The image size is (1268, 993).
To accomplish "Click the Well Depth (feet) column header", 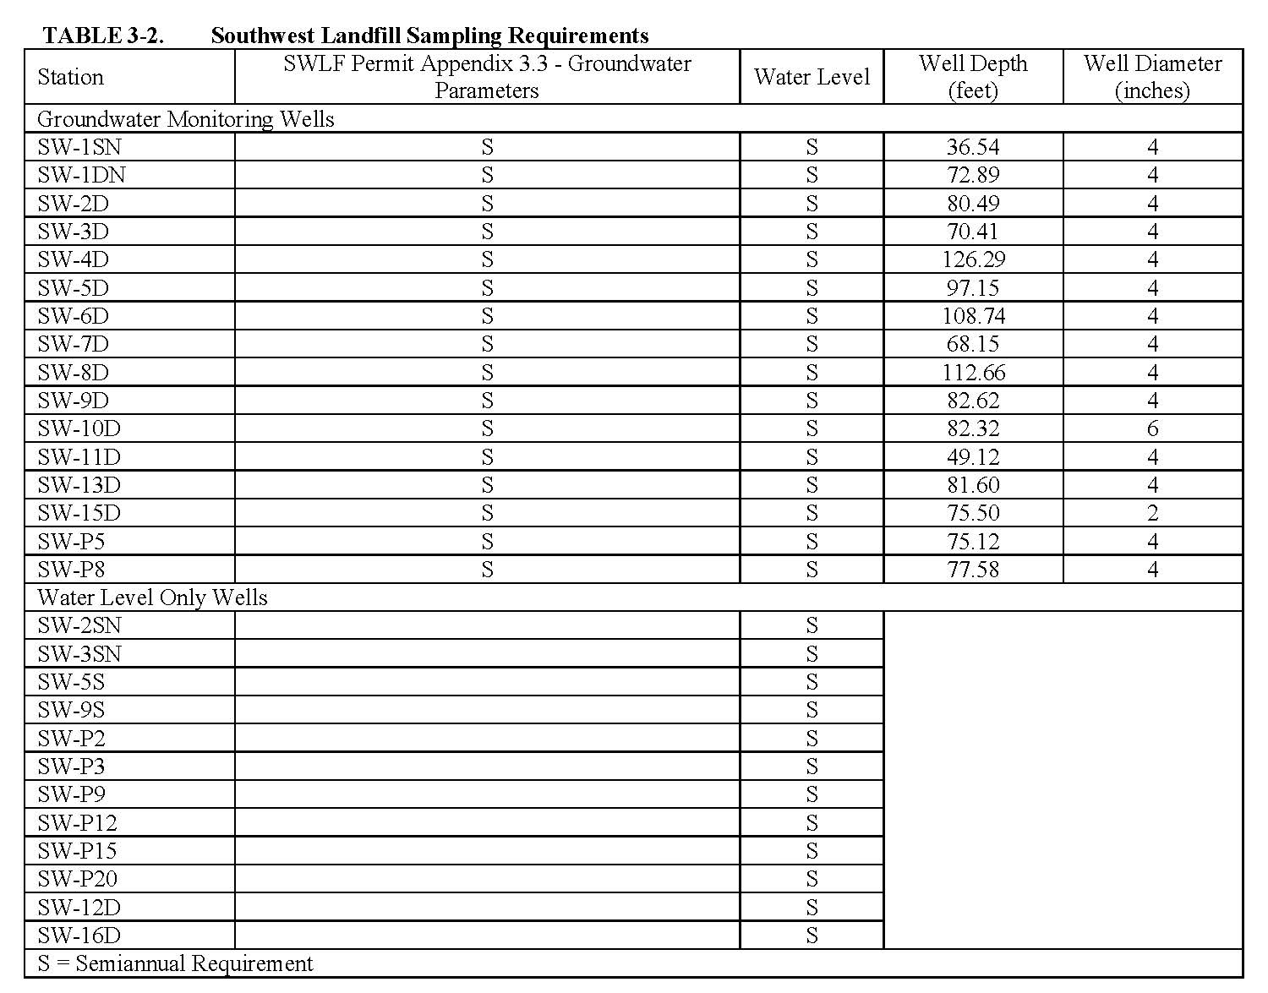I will (x=973, y=77).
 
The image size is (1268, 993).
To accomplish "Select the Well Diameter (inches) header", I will (x=1152, y=77).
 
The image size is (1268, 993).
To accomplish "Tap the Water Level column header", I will (x=812, y=77).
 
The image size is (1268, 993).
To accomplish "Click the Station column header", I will (x=71, y=77).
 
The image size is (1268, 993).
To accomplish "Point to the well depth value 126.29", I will (x=973, y=259).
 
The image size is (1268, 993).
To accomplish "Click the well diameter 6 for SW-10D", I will (x=1152, y=428).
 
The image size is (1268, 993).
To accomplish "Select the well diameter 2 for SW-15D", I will (x=1152, y=513).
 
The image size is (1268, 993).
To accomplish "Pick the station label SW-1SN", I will (x=79, y=147).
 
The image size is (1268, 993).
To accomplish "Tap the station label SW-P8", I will (x=71, y=570).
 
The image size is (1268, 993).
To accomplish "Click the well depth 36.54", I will (x=973, y=147).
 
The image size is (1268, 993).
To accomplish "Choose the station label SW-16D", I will (x=79, y=936).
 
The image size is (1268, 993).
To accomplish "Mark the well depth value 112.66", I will (x=973, y=373).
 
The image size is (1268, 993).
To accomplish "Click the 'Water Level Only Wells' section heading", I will (x=152, y=597).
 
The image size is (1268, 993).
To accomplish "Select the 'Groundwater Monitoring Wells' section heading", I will (x=186, y=119).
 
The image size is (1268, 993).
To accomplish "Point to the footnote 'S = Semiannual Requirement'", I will (x=175, y=963).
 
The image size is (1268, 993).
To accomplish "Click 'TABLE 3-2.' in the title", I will (x=103, y=35).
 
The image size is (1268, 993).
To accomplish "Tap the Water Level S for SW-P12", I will (x=812, y=822).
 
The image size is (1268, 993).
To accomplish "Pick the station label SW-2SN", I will (x=79, y=625).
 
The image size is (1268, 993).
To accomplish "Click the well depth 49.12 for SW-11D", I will (x=973, y=457).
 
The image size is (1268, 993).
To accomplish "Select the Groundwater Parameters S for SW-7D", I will (x=487, y=344).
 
